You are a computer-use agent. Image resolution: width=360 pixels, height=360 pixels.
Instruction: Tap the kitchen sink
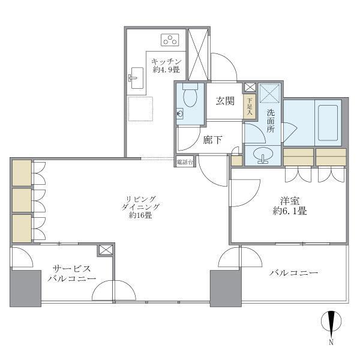pyautogui.click(x=135, y=77)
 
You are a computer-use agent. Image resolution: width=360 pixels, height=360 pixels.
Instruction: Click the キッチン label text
pyautogui.click(x=163, y=61)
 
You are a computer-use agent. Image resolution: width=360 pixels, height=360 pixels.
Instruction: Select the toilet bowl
pyautogui.click(x=190, y=96)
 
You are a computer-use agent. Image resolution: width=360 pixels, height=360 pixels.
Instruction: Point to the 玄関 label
pyautogui.click(x=225, y=100)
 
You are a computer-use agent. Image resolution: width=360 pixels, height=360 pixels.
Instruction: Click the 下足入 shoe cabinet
pyautogui.click(x=250, y=106)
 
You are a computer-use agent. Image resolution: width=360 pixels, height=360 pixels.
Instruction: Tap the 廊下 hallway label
pyautogui.click(x=212, y=140)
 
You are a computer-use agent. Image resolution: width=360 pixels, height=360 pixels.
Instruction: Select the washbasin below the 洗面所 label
pyautogui.click(x=263, y=155)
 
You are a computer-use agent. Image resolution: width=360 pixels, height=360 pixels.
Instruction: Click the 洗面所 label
pyautogui.click(x=271, y=121)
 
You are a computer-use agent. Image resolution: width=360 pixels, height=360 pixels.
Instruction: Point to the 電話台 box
pyautogui.click(x=184, y=161)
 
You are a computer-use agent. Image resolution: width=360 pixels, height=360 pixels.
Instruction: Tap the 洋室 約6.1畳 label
pyautogui.click(x=288, y=206)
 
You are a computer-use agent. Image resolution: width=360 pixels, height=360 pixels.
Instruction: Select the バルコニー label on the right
pyautogui.click(x=293, y=273)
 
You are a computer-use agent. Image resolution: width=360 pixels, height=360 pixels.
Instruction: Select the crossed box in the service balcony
pyautogui.click(x=106, y=250)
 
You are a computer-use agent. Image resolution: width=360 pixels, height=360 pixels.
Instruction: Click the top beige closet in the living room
pyautogui.click(x=22, y=172)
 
